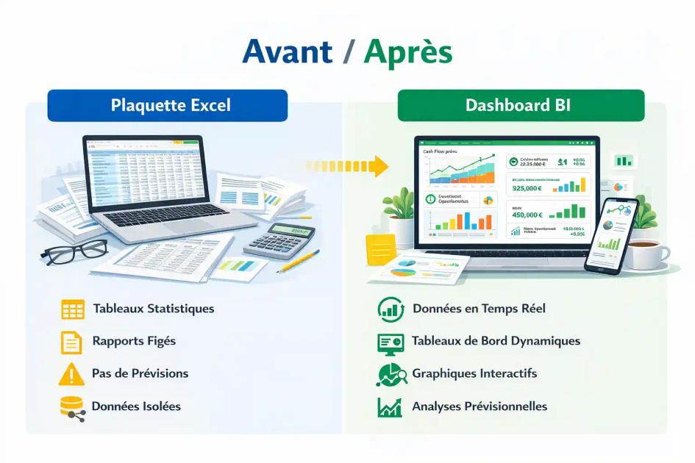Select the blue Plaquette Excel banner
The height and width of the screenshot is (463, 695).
(x=168, y=106)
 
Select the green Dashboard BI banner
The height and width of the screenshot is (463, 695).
(x=521, y=106)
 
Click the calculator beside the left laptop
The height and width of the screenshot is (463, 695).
(x=280, y=241)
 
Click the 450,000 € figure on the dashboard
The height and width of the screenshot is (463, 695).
(x=527, y=215)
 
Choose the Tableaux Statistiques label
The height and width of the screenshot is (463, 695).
(x=154, y=309)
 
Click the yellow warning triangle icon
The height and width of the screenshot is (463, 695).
(x=71, y=374)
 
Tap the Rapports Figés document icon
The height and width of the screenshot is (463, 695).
(x=71, y=342)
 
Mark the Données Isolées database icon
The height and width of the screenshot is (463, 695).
(x=72, y=407)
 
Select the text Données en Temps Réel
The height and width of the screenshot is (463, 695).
(x=479, y=309)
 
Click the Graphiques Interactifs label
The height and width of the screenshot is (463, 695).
(x=474, y=373)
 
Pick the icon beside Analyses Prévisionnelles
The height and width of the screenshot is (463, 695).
(x=389, y=406)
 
